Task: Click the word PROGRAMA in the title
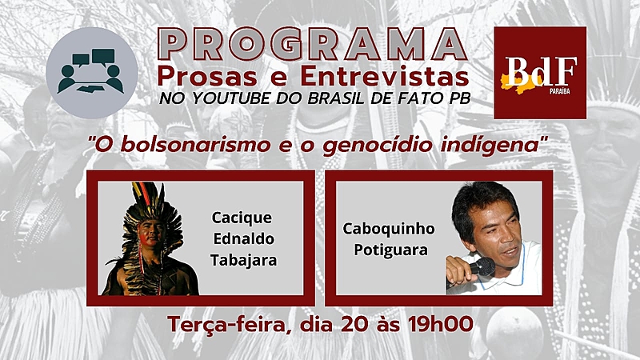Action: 312,44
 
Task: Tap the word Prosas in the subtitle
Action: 207,77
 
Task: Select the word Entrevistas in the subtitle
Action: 385,76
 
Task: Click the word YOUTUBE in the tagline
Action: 231,98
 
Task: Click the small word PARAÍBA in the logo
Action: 559,91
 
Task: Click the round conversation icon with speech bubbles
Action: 92,73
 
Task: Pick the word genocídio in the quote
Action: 378,146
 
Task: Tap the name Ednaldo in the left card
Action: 244,238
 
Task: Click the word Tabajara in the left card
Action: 244,260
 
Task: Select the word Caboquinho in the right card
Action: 389,229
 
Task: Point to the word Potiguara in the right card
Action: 390,250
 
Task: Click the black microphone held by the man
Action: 482,266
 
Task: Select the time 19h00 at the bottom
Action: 441,324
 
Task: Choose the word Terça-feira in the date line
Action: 229,325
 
